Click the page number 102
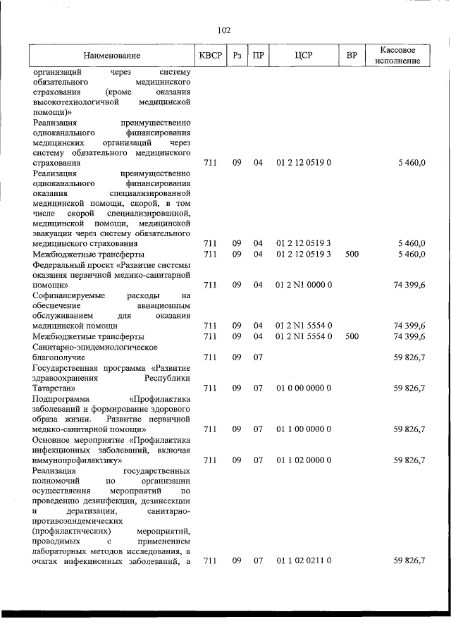click(225, 30)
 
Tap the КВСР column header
click(209, 56)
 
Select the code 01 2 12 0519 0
click(304, 163)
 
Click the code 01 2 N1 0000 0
click(304, 285)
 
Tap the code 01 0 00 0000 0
click(304, 388)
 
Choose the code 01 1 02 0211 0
click(304, 560)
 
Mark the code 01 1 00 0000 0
click(304, 429)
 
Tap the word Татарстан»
click(58, 388)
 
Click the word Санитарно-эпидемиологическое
click(93, 347)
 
